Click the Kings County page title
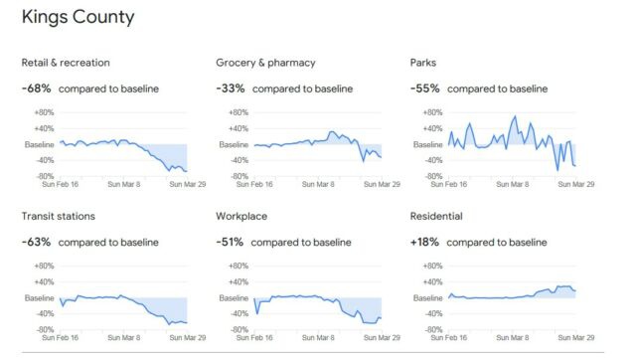tap(79, 17)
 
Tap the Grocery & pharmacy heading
tap(265, 63)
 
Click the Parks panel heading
tap(423, 63)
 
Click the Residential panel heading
tap(436, 216)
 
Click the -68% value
tap(36, 89)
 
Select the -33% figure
tap(231, 89)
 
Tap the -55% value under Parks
tap(424, 89)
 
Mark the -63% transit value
tap(36, 242)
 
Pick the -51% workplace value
tap(231, 242)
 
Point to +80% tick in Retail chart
tap(44, 112)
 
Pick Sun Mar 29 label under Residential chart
tap(576, 337)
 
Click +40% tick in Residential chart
tap(432, 281)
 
